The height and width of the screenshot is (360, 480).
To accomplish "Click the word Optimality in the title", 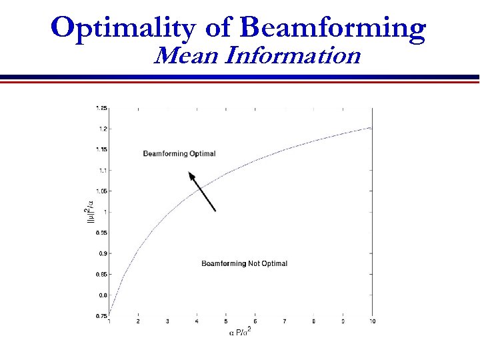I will tap(121, 28).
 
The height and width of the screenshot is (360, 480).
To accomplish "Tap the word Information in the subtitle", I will tap(293, 55).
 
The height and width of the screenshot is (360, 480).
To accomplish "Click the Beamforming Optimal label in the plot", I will tap(179, 154).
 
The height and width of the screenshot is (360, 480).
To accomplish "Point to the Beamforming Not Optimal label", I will tap(244, 264).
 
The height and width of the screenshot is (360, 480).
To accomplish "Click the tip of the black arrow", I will tap(190, 173).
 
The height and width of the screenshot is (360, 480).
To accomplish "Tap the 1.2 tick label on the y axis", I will tap(102, 129).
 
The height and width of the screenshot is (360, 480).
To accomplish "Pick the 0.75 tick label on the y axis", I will tap(101, 316).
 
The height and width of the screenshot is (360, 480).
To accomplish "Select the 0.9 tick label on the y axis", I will tap(102, 253).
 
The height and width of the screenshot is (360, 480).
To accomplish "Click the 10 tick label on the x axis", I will tap(372, 321).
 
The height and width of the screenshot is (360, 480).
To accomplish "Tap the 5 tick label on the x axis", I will tap(226, 321).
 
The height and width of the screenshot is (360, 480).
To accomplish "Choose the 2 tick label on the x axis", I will tap(138, 321).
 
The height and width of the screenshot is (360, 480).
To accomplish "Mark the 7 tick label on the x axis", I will tap(285, 321).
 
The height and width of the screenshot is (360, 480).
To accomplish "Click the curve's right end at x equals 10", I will tap(371, 127).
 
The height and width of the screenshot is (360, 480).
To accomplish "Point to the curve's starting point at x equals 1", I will tap(109, 314).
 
